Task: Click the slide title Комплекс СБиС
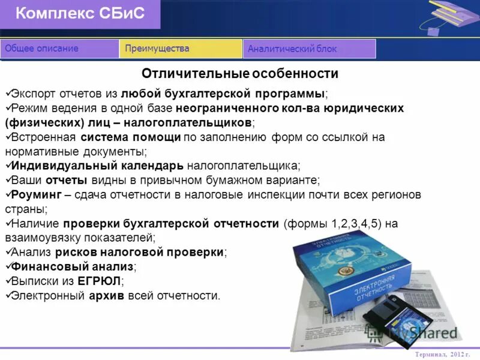pos(80,14)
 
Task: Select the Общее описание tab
pos(41,49)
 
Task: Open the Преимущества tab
pos(157,49)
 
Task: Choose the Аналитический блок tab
pos(292,49)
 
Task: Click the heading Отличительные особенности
pos(240,74)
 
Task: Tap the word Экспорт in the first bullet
pos(34,94)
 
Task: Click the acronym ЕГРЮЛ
pos(99,281)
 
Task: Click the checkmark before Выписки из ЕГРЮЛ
pos(8,281)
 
